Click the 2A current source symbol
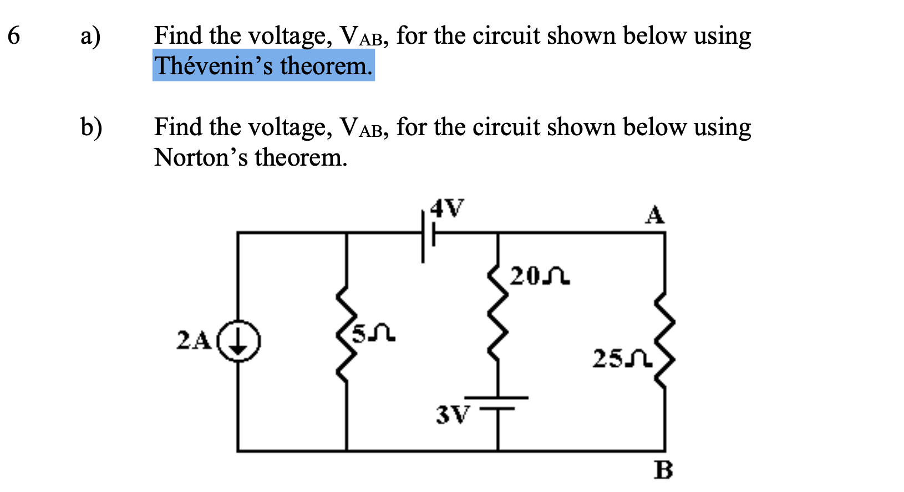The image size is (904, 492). pos(238,340)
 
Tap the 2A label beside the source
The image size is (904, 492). pos(194,340)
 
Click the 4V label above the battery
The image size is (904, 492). pos(447,208)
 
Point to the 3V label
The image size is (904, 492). pos(453,414)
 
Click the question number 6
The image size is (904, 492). pos(14,37)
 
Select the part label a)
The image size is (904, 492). pos(90,37)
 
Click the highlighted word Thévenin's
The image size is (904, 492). pos(214,66)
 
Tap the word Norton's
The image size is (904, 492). pos(201,157)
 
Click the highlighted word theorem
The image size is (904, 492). pos(326,66)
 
